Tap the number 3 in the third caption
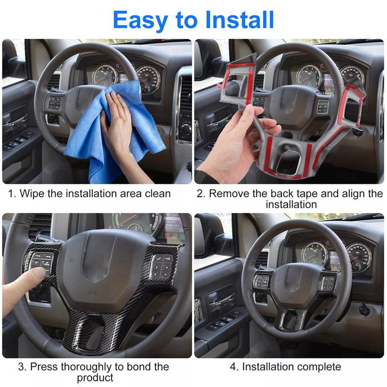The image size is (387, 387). [x=21, y=367]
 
